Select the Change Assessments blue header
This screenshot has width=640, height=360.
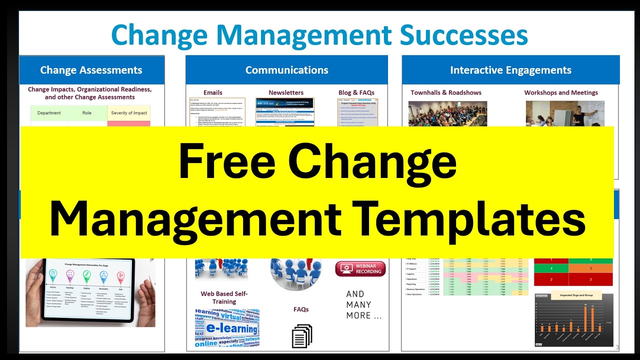pyautogui.click(x=91, y=70)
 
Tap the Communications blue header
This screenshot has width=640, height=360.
pyautogui.click(x=286, y=70)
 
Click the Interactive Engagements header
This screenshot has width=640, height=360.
pyautogui.click(x=510, y=70)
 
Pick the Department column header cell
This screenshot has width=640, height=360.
pyautogui.click(x=49, y=113)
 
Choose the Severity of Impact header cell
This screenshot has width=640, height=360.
pyautogui.click(x=129, y=113)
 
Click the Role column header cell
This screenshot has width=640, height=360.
pyautogui.click(x=87, y=113)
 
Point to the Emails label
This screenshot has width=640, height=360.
pyautogui.click(x=213, y=92)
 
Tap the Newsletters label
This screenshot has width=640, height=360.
pyautogui.click(x=286, y=92)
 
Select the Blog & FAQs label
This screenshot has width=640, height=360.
pyautogui.click(x=356, y=92)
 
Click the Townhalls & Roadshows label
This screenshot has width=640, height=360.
pyautogui.click(x=446, y=92)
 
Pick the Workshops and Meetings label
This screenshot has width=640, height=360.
pyautogui.click(x=561, y=92)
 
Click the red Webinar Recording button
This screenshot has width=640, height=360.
pyautogui.click(x=360, y=268)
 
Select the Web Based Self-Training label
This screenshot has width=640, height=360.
pyautogui.click(x=224, y=297)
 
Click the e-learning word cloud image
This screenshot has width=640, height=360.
pyautogui.click(x=227, y=328)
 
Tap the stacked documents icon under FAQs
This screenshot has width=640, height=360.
pyautogui.click(x=301, y=336)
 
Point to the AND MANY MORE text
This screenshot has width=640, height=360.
pyautogui.click(x=364, y=304)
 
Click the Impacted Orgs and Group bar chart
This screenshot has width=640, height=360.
pyautogui.click(x=573, y=320)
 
